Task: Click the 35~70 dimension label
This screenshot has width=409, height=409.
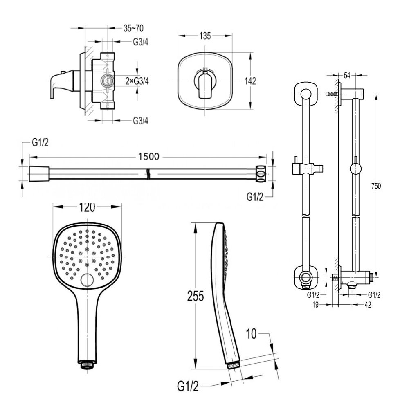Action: pos(133,28)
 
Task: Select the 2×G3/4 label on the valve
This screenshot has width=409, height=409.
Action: pos(137,81)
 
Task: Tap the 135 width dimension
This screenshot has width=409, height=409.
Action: pos(205,36)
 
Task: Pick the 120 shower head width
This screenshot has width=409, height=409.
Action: pos(87,207)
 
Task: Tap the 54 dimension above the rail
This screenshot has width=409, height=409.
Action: pos(347,75)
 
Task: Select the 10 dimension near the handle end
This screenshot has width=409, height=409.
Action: pos(251,334)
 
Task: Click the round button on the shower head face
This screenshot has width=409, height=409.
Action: pos(87,281)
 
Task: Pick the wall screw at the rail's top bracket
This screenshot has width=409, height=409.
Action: pos(332,94)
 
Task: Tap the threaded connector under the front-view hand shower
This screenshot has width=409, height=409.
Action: pos(87,363)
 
